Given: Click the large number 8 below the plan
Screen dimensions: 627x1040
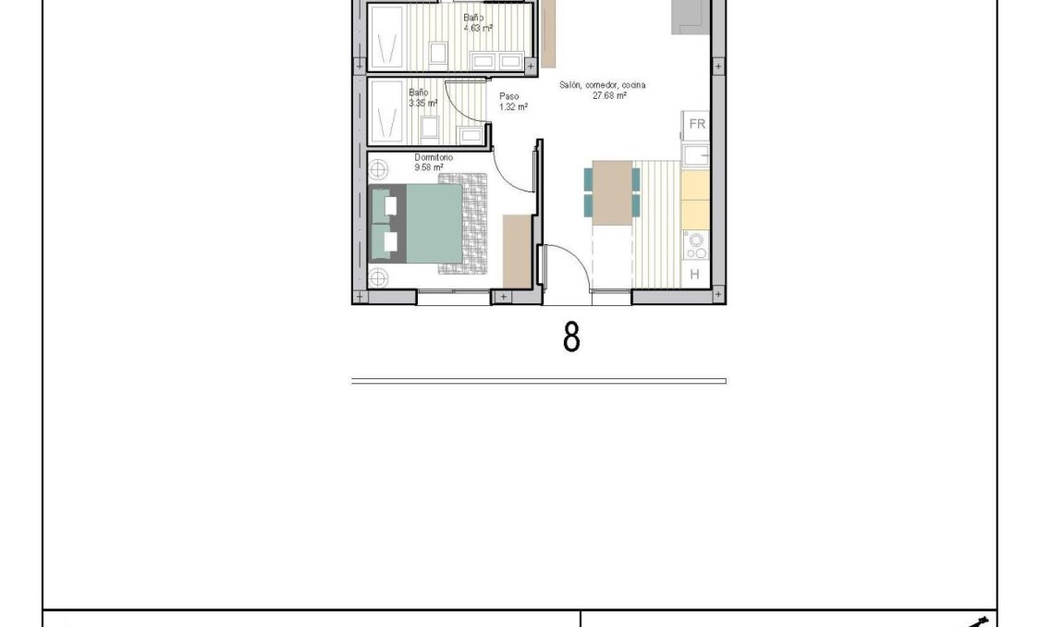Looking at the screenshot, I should click(x=571, y=337).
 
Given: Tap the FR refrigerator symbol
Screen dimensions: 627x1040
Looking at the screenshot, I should click(x=697, y=124).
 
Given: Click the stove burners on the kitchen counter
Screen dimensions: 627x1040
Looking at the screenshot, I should click(x=695, y=245).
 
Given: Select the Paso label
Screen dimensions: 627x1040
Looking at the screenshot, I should click(x=509, y=96).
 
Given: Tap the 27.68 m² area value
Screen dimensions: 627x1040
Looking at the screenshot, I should click(x=610, y=95).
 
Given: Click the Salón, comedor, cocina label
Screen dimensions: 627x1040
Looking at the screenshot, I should click(x=602, y=85).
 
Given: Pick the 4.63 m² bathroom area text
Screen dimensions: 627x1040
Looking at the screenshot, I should click(x=478, y=28).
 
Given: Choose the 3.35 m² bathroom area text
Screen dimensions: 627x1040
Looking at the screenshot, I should click(x=422, y=103).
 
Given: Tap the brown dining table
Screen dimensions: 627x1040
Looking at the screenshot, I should click(x=611, y=192).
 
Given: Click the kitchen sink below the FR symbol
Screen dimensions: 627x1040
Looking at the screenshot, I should click(x=696, y=154).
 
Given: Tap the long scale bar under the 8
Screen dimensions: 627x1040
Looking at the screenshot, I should click(x=538, y=380).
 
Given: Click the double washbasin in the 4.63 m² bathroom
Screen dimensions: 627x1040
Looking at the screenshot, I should click(x=496, y=60).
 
